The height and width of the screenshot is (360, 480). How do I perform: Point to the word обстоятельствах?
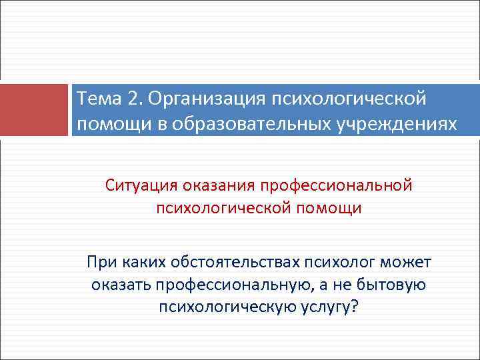237,261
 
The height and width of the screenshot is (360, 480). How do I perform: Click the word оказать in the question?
120,285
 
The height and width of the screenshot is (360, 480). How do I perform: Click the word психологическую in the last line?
226,308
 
